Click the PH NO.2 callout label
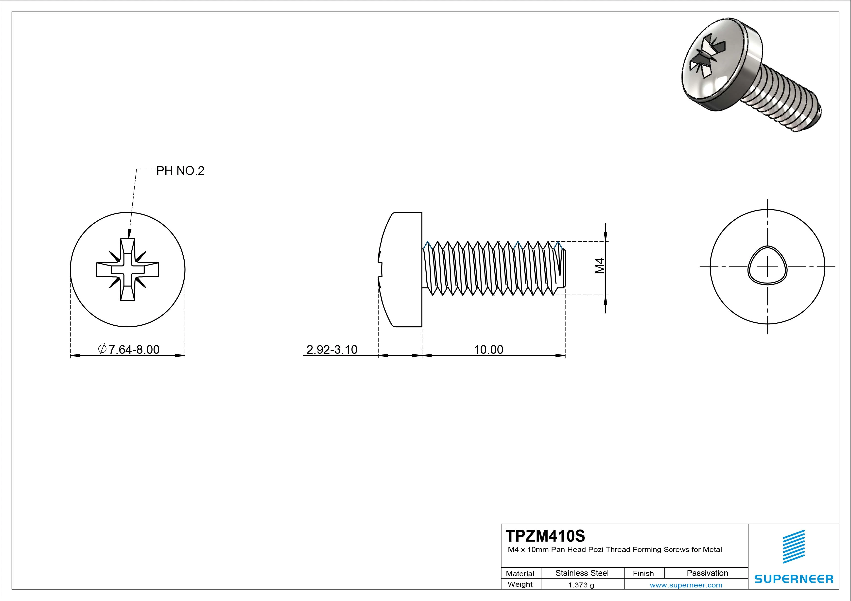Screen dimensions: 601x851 (x=180, y=171)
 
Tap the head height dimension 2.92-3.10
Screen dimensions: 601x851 (x=332, y=350)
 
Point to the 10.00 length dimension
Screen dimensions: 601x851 (x=488, y=350)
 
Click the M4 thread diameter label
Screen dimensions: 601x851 (x=599, y=266)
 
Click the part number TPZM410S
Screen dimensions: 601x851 (x=545, y=536)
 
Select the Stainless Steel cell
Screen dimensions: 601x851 (x=582, y=573)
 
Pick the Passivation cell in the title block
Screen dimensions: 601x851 (x=707, y=573)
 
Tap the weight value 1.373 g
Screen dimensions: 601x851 (x=581, y=585)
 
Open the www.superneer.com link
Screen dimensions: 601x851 (x=686, y=585)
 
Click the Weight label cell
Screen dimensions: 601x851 (x=520, y=584)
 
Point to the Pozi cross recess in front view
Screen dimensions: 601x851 (x=127, y=269)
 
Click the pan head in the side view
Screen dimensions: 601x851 (x=402, y=269)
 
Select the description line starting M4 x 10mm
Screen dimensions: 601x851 (x=614, y=550)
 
